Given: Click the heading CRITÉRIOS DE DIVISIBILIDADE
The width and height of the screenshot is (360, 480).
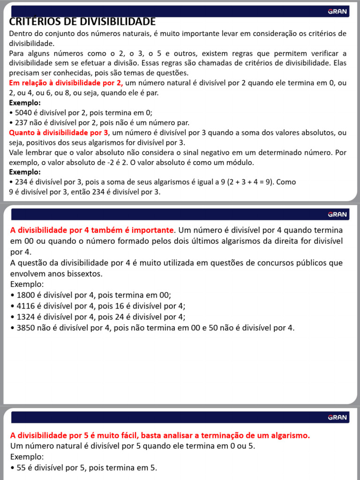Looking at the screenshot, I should point(82,22).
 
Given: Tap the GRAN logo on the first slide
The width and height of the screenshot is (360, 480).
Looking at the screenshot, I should point(337,11).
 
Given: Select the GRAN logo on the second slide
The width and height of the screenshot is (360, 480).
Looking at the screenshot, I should point(337,215).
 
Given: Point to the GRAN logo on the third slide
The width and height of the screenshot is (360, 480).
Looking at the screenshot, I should point(337,417).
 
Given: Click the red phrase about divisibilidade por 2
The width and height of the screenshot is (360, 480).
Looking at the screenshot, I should point(66,83).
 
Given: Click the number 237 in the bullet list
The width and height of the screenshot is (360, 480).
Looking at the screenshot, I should point(22,123).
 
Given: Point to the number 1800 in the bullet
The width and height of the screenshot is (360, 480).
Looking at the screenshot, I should point(26,295).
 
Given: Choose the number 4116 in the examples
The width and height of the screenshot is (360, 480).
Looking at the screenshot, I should point(26,306).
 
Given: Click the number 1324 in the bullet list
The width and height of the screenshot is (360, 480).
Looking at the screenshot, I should point(26,317).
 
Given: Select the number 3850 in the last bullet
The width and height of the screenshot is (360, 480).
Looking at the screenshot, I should point(26,328).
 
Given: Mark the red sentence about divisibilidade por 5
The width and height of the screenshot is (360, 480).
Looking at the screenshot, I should point(160,435).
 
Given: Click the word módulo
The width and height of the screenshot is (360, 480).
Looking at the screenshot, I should point(240,163).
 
